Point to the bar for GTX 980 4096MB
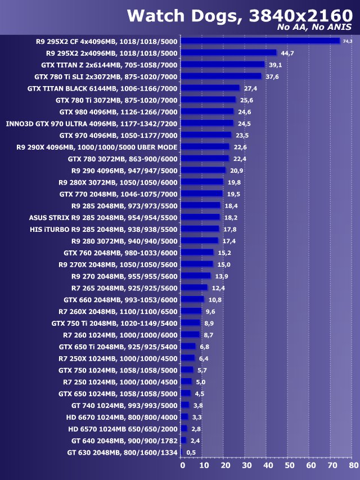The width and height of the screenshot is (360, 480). [208, 111]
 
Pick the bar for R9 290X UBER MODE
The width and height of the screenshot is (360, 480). [205, 147]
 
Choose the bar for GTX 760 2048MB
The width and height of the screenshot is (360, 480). [197, 252]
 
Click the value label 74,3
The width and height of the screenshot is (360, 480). [348, 41]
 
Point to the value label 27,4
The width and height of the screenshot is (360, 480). [250, 88]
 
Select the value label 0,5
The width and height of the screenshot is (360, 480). [191, 452]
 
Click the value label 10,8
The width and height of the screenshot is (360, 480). [215, 299]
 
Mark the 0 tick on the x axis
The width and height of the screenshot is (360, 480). [182, 466]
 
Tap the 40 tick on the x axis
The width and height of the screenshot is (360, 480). [267, 466]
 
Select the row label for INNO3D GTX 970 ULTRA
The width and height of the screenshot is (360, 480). [92, 123]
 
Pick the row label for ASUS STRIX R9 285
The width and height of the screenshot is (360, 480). [103, 217]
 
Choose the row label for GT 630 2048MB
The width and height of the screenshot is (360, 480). [122, 452]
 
